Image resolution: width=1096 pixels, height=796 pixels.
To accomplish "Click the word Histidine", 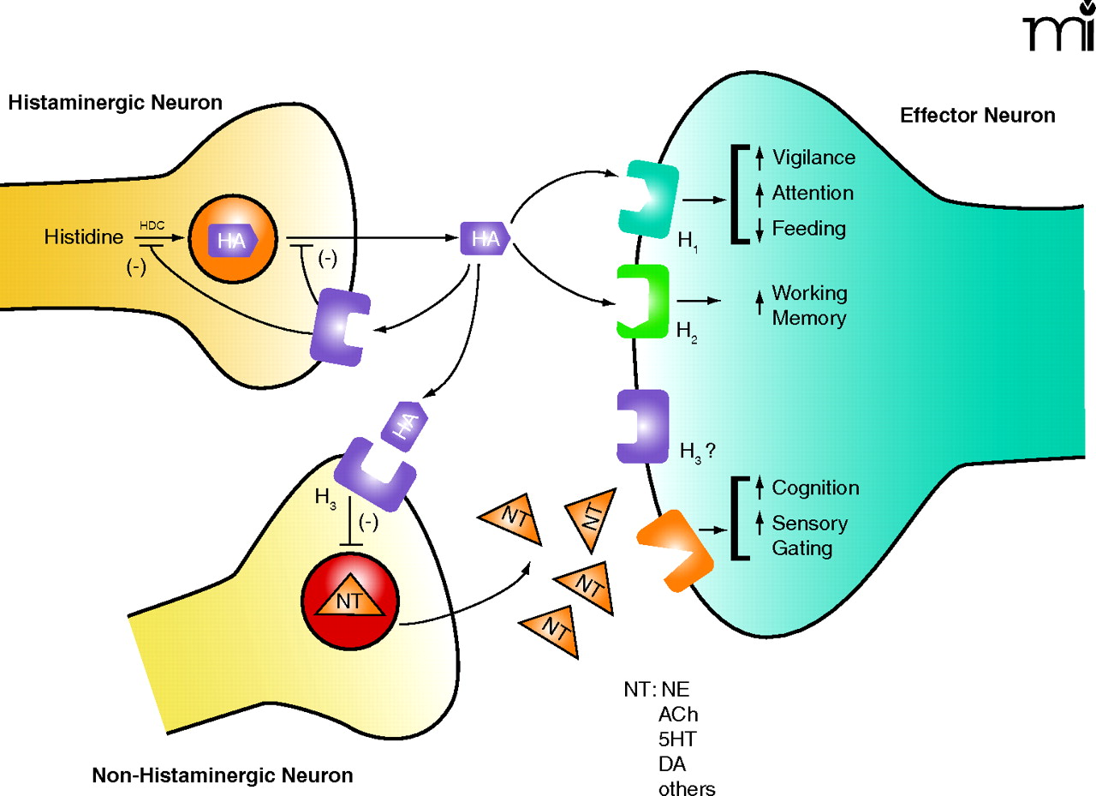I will (x=84, y=236).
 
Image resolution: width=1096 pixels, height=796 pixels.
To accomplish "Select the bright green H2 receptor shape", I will (x=643, y=301).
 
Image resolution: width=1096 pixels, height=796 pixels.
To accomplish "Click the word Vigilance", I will (x=813, y=158).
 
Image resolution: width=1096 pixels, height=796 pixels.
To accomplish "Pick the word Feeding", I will (x=808, y=229).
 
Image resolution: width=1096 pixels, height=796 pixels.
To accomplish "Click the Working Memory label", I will (x=809, y=305).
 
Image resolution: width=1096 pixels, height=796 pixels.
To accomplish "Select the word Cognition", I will (x=815, y=488).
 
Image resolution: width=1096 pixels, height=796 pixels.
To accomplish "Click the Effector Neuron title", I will (x=977, y=116).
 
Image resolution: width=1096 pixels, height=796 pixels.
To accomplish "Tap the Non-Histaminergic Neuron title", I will (x=222, y=776).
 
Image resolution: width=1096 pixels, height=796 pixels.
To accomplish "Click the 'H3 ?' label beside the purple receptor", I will (x=697, y=448).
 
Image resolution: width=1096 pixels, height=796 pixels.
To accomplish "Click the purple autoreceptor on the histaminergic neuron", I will (x=342, y=326).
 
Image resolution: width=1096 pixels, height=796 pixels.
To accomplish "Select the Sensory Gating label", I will (x=809, y=535).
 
